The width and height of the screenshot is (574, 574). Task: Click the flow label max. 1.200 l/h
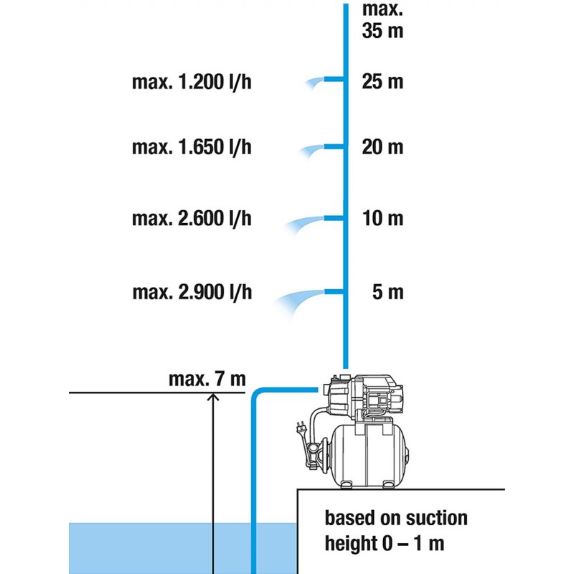point(192,82)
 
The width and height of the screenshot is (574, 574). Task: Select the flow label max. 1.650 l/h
point(192,147)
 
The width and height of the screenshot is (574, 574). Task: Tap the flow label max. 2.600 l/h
point(192,219)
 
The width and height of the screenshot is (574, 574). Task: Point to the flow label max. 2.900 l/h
point(192,293)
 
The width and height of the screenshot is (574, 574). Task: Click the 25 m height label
point(382,82)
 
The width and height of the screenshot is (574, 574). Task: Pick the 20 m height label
point(382,147)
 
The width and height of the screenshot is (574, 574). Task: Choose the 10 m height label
point(383,219)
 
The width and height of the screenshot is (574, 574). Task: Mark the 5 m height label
point(388,293)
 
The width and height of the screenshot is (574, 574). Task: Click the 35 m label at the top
point(382,30)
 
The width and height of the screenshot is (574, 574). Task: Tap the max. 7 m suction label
point(207,380)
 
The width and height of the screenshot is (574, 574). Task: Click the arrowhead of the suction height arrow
point(213,397)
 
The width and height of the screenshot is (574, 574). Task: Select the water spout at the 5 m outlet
point(299,302)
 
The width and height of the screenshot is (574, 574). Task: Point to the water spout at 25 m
point(314,83)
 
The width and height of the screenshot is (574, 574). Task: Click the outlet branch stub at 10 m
point(334,219)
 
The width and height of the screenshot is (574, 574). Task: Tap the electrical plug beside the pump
point(301,428)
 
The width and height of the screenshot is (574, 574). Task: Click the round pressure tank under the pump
point(369,456)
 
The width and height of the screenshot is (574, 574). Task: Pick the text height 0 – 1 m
point(385,543)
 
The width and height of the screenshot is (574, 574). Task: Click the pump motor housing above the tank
point(362,395)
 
